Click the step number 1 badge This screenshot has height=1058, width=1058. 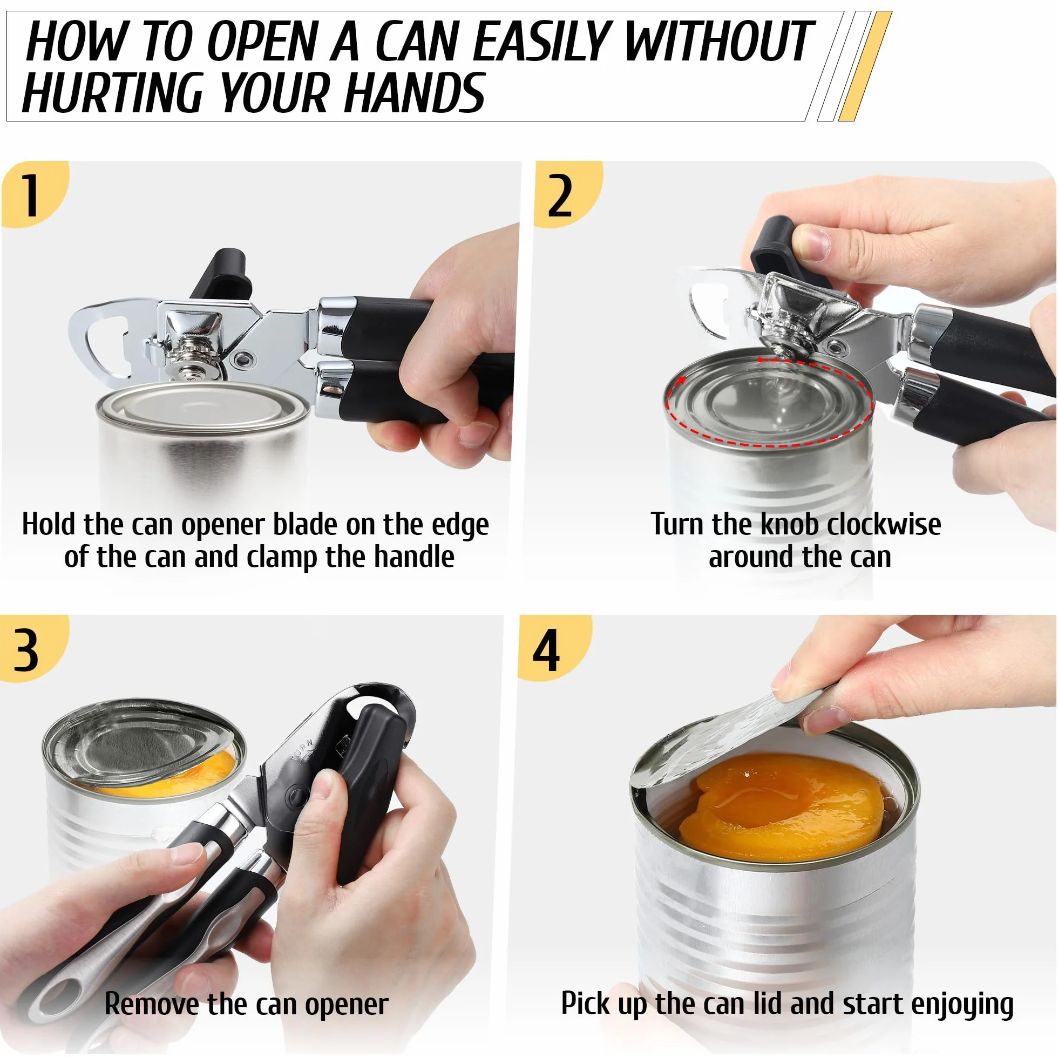33,194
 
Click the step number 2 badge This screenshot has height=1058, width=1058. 564,194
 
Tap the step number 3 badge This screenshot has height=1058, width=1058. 30,649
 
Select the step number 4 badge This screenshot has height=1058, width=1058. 551,649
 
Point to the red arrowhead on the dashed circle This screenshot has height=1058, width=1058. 681,381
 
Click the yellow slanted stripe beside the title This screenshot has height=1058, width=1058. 865,66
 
